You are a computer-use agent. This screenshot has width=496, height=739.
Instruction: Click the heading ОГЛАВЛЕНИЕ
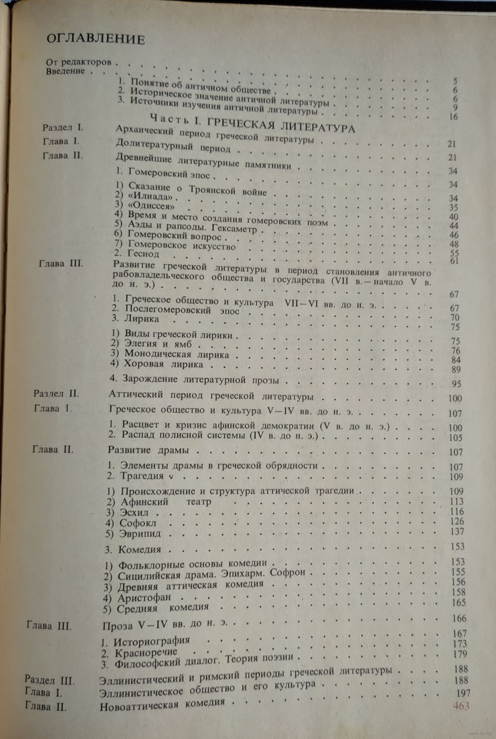tap(95, 39)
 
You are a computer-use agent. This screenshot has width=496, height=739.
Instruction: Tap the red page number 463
tap(461, 706)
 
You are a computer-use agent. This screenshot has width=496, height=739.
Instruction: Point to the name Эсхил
tap(134, 512)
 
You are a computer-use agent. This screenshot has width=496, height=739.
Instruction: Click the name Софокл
tap(137, 523)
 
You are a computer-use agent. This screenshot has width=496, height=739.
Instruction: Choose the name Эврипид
tap(140, 534)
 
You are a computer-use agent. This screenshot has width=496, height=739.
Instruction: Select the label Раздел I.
tap(62, 127)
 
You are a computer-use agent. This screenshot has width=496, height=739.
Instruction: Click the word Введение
tap(66, 71)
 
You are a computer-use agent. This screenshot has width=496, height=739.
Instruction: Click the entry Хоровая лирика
tap(157, 365)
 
